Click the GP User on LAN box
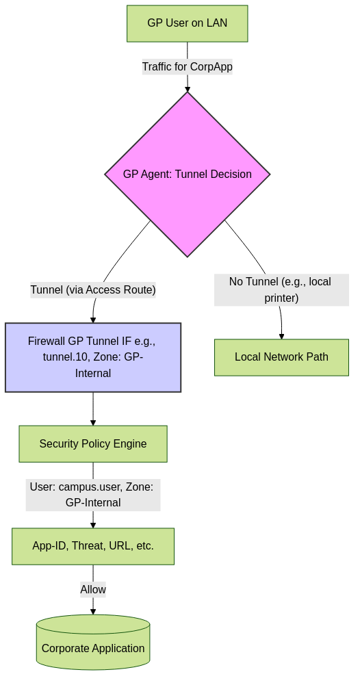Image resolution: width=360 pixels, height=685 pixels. (187, 23)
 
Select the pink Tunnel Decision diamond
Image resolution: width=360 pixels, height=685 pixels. (187, 175)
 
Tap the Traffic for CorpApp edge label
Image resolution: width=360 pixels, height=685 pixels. (187, 67)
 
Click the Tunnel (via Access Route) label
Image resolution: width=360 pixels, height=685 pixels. (93, 289)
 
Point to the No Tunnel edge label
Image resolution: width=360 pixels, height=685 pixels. (281, 289)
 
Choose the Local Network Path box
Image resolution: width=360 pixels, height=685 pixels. (281, 357)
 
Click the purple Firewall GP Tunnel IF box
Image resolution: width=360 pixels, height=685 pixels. (93, 357)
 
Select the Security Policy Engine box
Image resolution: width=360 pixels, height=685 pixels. (93, 444)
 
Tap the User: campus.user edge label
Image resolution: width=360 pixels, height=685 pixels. (93, 495)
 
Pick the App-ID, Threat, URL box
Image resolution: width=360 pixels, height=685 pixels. (93, 546)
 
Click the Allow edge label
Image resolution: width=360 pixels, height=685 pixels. (93, 589)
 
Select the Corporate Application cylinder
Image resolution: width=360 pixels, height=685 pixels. (93, 642)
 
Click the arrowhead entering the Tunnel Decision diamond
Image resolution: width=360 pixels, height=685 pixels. (188, 89)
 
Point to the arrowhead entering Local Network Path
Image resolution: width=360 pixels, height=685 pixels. (281, 337)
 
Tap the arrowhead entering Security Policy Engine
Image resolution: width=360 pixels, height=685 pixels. (93, 422)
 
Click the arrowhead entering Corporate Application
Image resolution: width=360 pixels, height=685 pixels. (93, 612)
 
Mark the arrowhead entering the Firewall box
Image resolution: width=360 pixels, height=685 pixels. (92, 320)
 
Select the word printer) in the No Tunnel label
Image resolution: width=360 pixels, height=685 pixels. (281, 298)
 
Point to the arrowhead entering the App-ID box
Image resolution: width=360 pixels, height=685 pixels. (93, 525)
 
